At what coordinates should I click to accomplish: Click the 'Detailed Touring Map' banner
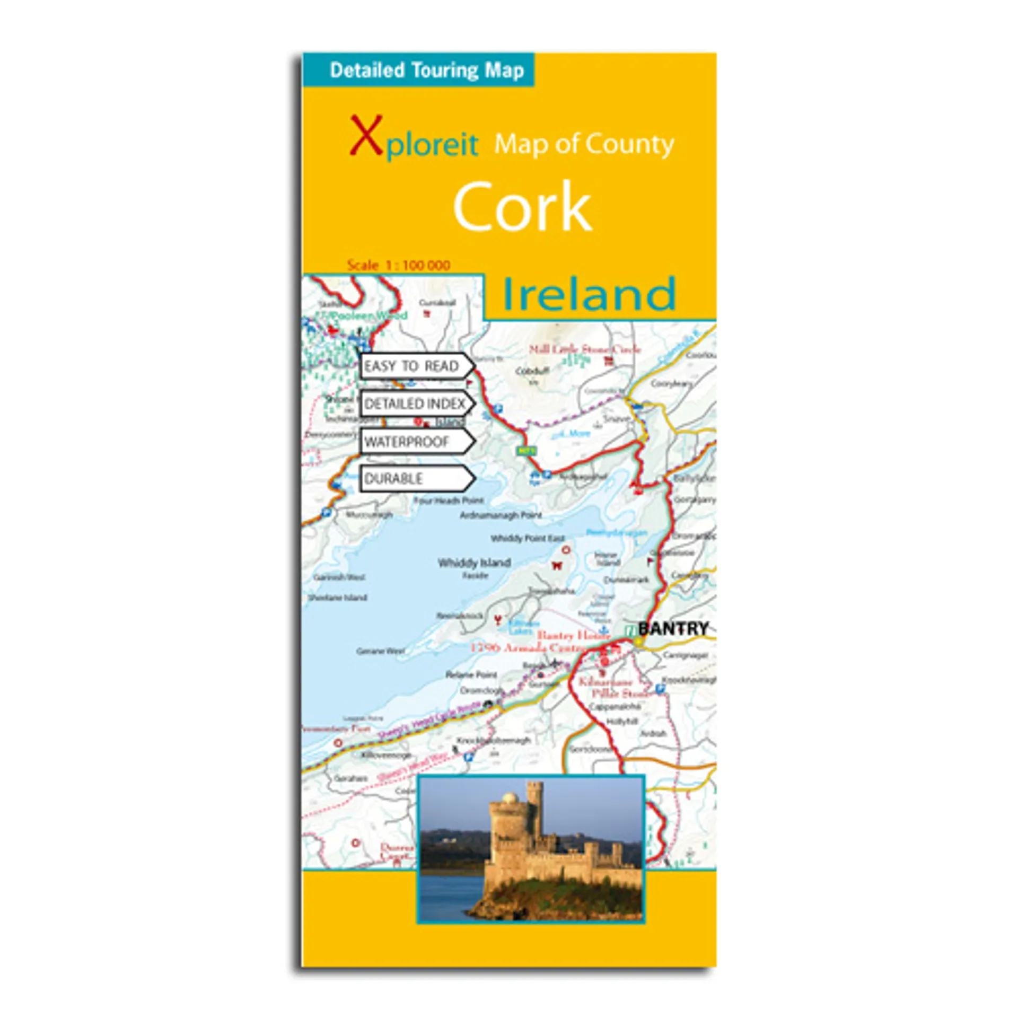(x=426, y=70)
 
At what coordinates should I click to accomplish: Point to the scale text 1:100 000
(x=399, y=265)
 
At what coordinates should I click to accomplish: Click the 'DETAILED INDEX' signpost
(x=415, y=404)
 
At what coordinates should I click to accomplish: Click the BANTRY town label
(x=673, y=629)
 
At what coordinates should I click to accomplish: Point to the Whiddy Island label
(x=474, y=563)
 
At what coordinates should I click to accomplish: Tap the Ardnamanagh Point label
(x=501, y=515)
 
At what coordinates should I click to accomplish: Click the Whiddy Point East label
(x=528, y=538)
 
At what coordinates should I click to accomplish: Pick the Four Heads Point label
(x=449, y=500)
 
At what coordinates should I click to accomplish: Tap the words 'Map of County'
(x=584, y=144)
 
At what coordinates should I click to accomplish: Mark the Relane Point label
(x=471, y=674)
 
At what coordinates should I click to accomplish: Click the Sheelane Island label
(x=338, y=598)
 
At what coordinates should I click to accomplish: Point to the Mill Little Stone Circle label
(x=585, y=349)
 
